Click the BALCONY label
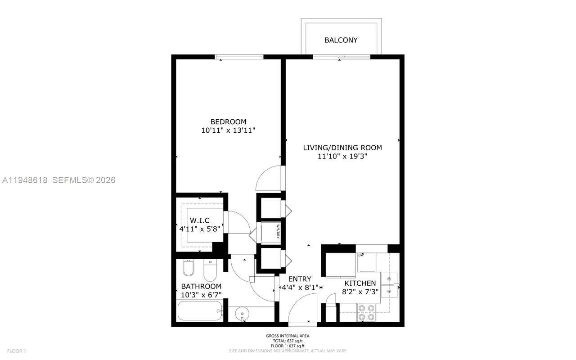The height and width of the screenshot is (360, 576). [341, 40]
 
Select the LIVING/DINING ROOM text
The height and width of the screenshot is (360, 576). [342, 148]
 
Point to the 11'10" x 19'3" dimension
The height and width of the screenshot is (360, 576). [342, 157]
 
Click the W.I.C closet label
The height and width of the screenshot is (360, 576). [200, 220]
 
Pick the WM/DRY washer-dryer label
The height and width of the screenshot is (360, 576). [279, 231]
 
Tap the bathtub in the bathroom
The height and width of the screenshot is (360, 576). [200, 311]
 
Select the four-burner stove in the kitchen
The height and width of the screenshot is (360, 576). [366, 313]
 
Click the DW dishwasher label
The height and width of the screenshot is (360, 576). [361, 256]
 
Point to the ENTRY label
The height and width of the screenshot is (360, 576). [300, 279]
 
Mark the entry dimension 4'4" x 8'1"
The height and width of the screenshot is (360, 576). [300, 287]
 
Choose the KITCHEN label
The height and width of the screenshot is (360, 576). [360, 283]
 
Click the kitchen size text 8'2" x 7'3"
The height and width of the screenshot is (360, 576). [360, 292]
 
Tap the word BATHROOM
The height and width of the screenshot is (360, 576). [201, 287]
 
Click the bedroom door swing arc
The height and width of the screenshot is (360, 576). [268, 178]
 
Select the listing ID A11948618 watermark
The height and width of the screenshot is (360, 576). [25, 180]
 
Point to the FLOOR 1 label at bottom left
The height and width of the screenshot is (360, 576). [17, 351]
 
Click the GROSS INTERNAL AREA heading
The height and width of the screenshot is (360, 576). [288, 336]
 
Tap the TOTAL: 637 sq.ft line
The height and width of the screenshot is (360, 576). [288, 341]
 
